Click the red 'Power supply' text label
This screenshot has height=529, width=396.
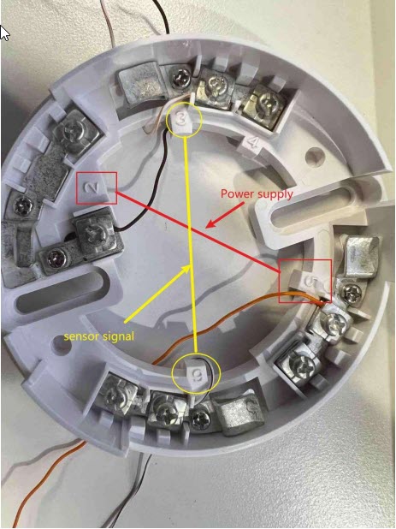[257, 194]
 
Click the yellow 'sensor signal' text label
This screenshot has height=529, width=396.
[99, 336]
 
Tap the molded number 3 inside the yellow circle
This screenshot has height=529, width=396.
[181, 118]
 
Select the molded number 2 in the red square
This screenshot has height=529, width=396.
[93, 187]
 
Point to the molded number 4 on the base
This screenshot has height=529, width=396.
[253, 143]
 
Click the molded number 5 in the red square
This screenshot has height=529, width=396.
[311, 281]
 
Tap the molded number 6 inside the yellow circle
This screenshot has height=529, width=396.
[197, 374]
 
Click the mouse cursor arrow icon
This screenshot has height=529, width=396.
[4, 33]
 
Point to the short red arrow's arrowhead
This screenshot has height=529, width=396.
[211, 223]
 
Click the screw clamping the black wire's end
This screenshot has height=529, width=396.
[93, 233]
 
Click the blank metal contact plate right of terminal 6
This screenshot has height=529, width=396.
[240, 415]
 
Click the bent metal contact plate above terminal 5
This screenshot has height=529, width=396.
[360, 256]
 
